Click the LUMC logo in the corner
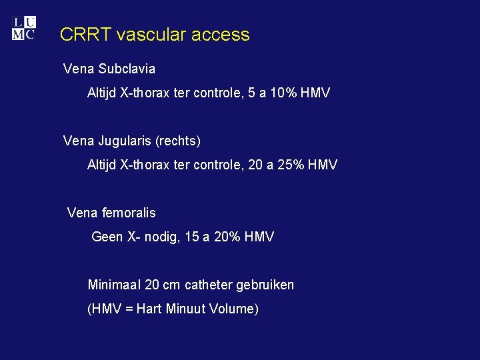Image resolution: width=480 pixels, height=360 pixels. point(23,28)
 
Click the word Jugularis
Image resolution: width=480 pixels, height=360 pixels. point(125,141)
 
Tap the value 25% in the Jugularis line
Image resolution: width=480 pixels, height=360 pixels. point(290,165)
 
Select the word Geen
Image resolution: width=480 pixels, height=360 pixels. point(107,237)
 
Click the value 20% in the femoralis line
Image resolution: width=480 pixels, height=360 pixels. point(226,237)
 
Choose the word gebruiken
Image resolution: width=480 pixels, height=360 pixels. point(267,285)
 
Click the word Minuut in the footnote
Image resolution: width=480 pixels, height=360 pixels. point(189,309)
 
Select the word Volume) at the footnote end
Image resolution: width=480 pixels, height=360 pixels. point(235,309)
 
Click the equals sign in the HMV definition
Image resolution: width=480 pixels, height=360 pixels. point(129,309)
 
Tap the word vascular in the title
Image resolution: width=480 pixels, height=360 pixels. point(148,35)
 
